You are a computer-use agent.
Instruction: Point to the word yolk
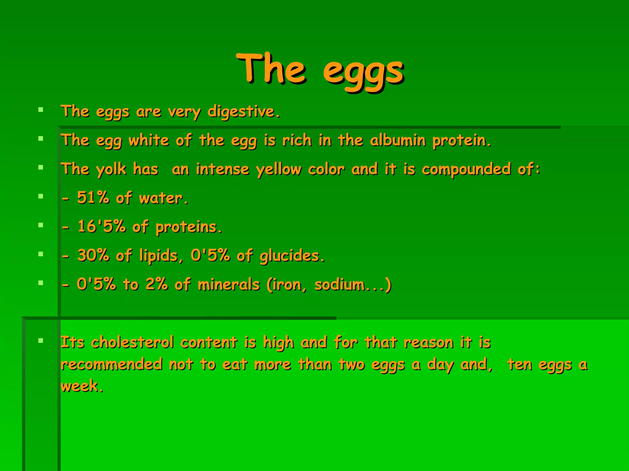click(x=111, y=169)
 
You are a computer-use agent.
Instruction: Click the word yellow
click(x=279, y=169)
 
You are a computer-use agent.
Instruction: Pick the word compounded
click(x=466, y=169)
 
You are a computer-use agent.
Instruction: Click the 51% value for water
click(x=93, y=197)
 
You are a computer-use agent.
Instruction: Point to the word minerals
click(x=229, y=284)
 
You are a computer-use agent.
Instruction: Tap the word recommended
click(x=111, y=364)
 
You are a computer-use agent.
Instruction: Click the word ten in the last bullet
click(x=519, y=364)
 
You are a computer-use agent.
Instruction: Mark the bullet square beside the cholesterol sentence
click(x=41, y=340)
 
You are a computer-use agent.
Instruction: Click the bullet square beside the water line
click(x=41, y=196)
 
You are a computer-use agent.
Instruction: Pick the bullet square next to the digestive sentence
click(x=41, y=109)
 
